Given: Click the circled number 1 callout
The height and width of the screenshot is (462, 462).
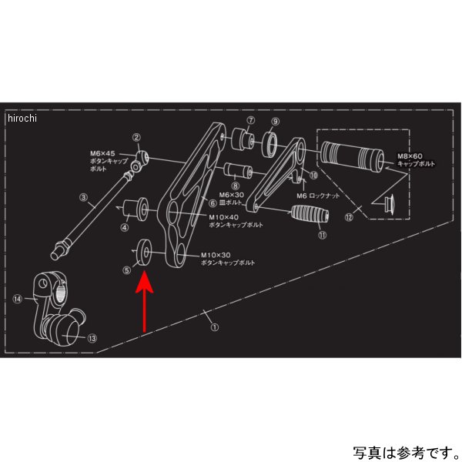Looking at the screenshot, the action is [215, 326].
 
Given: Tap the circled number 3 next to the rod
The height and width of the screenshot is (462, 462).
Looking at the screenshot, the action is [84, 198].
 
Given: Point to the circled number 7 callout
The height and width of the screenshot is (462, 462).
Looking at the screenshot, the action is [251, 122].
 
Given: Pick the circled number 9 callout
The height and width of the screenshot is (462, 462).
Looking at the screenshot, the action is [275, 122].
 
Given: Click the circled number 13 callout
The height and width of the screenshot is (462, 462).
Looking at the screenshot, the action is [92, 337].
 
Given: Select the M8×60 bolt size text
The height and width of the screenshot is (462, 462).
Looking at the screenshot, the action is [408, 156].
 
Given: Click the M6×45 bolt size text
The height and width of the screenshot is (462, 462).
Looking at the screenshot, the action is [103, 153].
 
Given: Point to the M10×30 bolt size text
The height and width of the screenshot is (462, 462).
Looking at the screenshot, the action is [216, 255].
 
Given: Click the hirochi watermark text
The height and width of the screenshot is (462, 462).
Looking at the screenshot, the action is [22, 118].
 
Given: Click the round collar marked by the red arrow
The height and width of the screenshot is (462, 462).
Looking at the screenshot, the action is [144, 252].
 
